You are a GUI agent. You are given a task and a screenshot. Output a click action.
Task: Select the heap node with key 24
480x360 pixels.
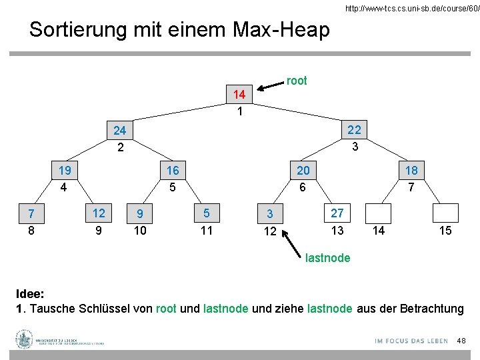coord(121,131)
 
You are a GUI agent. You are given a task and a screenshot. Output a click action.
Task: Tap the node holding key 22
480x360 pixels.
coord(355,129)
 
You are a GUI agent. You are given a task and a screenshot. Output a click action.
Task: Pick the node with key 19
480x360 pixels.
coord(65,171)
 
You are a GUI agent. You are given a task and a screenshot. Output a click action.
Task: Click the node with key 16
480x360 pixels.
coord(173,171)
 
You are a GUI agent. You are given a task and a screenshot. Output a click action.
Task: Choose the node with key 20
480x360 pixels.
coord(303,171)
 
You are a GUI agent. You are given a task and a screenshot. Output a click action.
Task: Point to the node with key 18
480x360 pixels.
coord(411,171)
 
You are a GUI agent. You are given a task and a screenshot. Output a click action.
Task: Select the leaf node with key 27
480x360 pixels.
coord(337,213)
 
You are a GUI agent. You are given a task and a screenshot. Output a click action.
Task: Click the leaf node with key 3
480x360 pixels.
coord(270,214)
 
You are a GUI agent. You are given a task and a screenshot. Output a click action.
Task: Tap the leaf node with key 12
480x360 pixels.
coord(99,213)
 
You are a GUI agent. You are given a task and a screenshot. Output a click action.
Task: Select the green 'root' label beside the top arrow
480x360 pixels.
coord(297,81)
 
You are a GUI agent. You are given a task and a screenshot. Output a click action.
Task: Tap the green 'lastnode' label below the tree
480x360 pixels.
coord(327,258)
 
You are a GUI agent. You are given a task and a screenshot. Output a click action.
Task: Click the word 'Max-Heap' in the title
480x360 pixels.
coord(282,29)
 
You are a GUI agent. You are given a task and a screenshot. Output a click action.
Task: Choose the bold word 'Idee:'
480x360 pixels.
coord(31,294)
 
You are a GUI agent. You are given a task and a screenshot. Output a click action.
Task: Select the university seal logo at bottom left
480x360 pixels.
coord(25,339)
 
